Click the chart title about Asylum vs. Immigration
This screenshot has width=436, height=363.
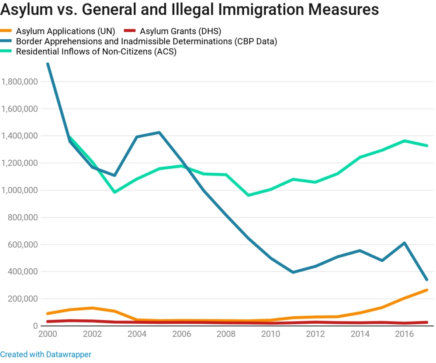tap(190, 10)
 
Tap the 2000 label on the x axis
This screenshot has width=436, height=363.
tap(48, 334)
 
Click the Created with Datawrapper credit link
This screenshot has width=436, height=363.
tap(45, 354)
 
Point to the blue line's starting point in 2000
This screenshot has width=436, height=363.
tap(48, 64)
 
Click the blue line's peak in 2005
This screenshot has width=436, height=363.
tap(159, 132)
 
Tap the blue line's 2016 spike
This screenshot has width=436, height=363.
tap(405, 243)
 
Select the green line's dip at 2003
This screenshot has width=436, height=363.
tap(114, 192)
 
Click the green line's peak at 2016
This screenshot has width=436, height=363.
tap(405, 141)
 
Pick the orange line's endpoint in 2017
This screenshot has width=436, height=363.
tap(427, 290)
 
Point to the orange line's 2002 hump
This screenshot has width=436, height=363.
tap(92, 308)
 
